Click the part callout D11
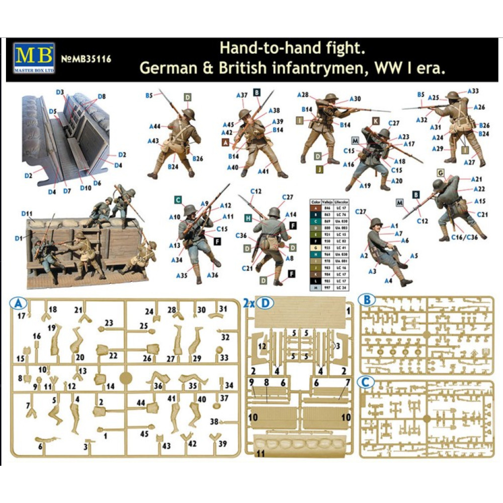tap(27, 214)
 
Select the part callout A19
tap(365, 186)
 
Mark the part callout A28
tap(302, 95)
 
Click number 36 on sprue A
tap(158, 386)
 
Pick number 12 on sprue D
tap(262, 346)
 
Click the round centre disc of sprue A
tap(126, 377)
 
